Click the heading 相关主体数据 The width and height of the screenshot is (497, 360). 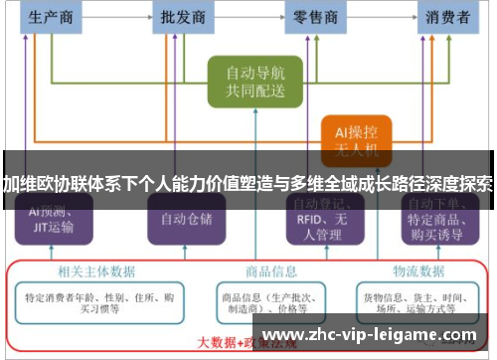point(88,269)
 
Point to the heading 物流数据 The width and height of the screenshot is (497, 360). point(416,269)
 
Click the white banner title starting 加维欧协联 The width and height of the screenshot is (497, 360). point(248,184)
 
